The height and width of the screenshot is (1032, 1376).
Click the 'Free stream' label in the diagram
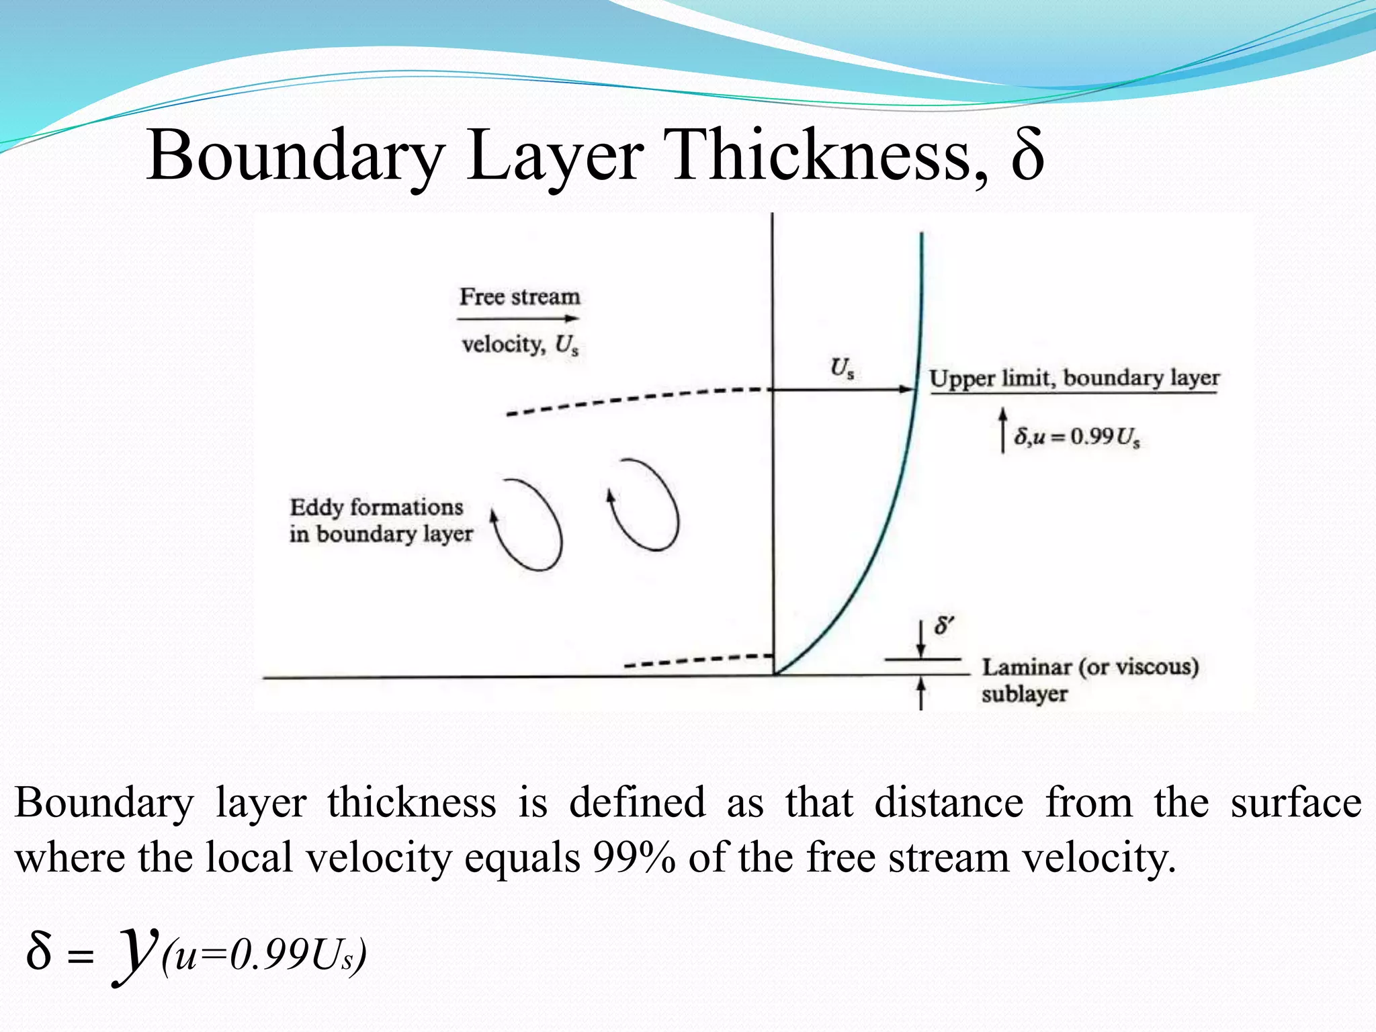pos(519,296)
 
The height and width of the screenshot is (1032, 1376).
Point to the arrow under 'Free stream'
pos(519,318)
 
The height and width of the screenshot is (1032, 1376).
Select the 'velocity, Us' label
pos(519,345)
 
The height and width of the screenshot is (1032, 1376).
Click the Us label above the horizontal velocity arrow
pos(842,368)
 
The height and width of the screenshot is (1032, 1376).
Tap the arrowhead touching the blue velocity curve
pos(907,389)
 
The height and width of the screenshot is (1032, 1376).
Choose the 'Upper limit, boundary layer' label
pos(1074,378)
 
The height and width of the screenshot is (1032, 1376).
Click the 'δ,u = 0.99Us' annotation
pos(1077,437)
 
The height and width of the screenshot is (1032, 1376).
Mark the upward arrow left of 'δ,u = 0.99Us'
pos(1002,430)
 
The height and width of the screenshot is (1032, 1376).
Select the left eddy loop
pos(528,525)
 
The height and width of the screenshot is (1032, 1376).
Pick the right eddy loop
pos(644,505)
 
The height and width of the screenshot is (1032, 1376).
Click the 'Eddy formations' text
pos(376,507)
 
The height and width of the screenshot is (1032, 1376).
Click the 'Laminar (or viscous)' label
pos(1090,667)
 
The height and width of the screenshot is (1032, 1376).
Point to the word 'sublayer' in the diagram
pos(1024,693)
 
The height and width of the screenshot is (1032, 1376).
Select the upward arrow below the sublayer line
pos(921,693)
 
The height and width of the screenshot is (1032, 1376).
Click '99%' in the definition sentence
pos(634,858)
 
